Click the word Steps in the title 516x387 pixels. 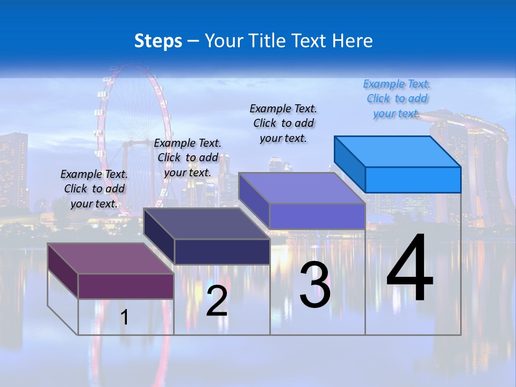158,41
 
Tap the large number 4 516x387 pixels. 410,269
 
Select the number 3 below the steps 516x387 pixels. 315,285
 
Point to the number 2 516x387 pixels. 217,301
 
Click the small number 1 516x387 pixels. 124,317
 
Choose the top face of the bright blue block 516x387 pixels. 398,152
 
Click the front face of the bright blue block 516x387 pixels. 413,180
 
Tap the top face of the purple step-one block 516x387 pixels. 110,259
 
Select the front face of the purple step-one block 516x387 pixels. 126,286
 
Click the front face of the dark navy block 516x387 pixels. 221,252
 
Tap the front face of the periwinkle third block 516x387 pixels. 317,216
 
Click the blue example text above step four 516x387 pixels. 397,99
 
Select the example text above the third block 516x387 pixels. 283,123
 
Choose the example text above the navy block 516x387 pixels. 188,157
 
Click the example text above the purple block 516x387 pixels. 94,189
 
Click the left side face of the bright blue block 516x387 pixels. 350,164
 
